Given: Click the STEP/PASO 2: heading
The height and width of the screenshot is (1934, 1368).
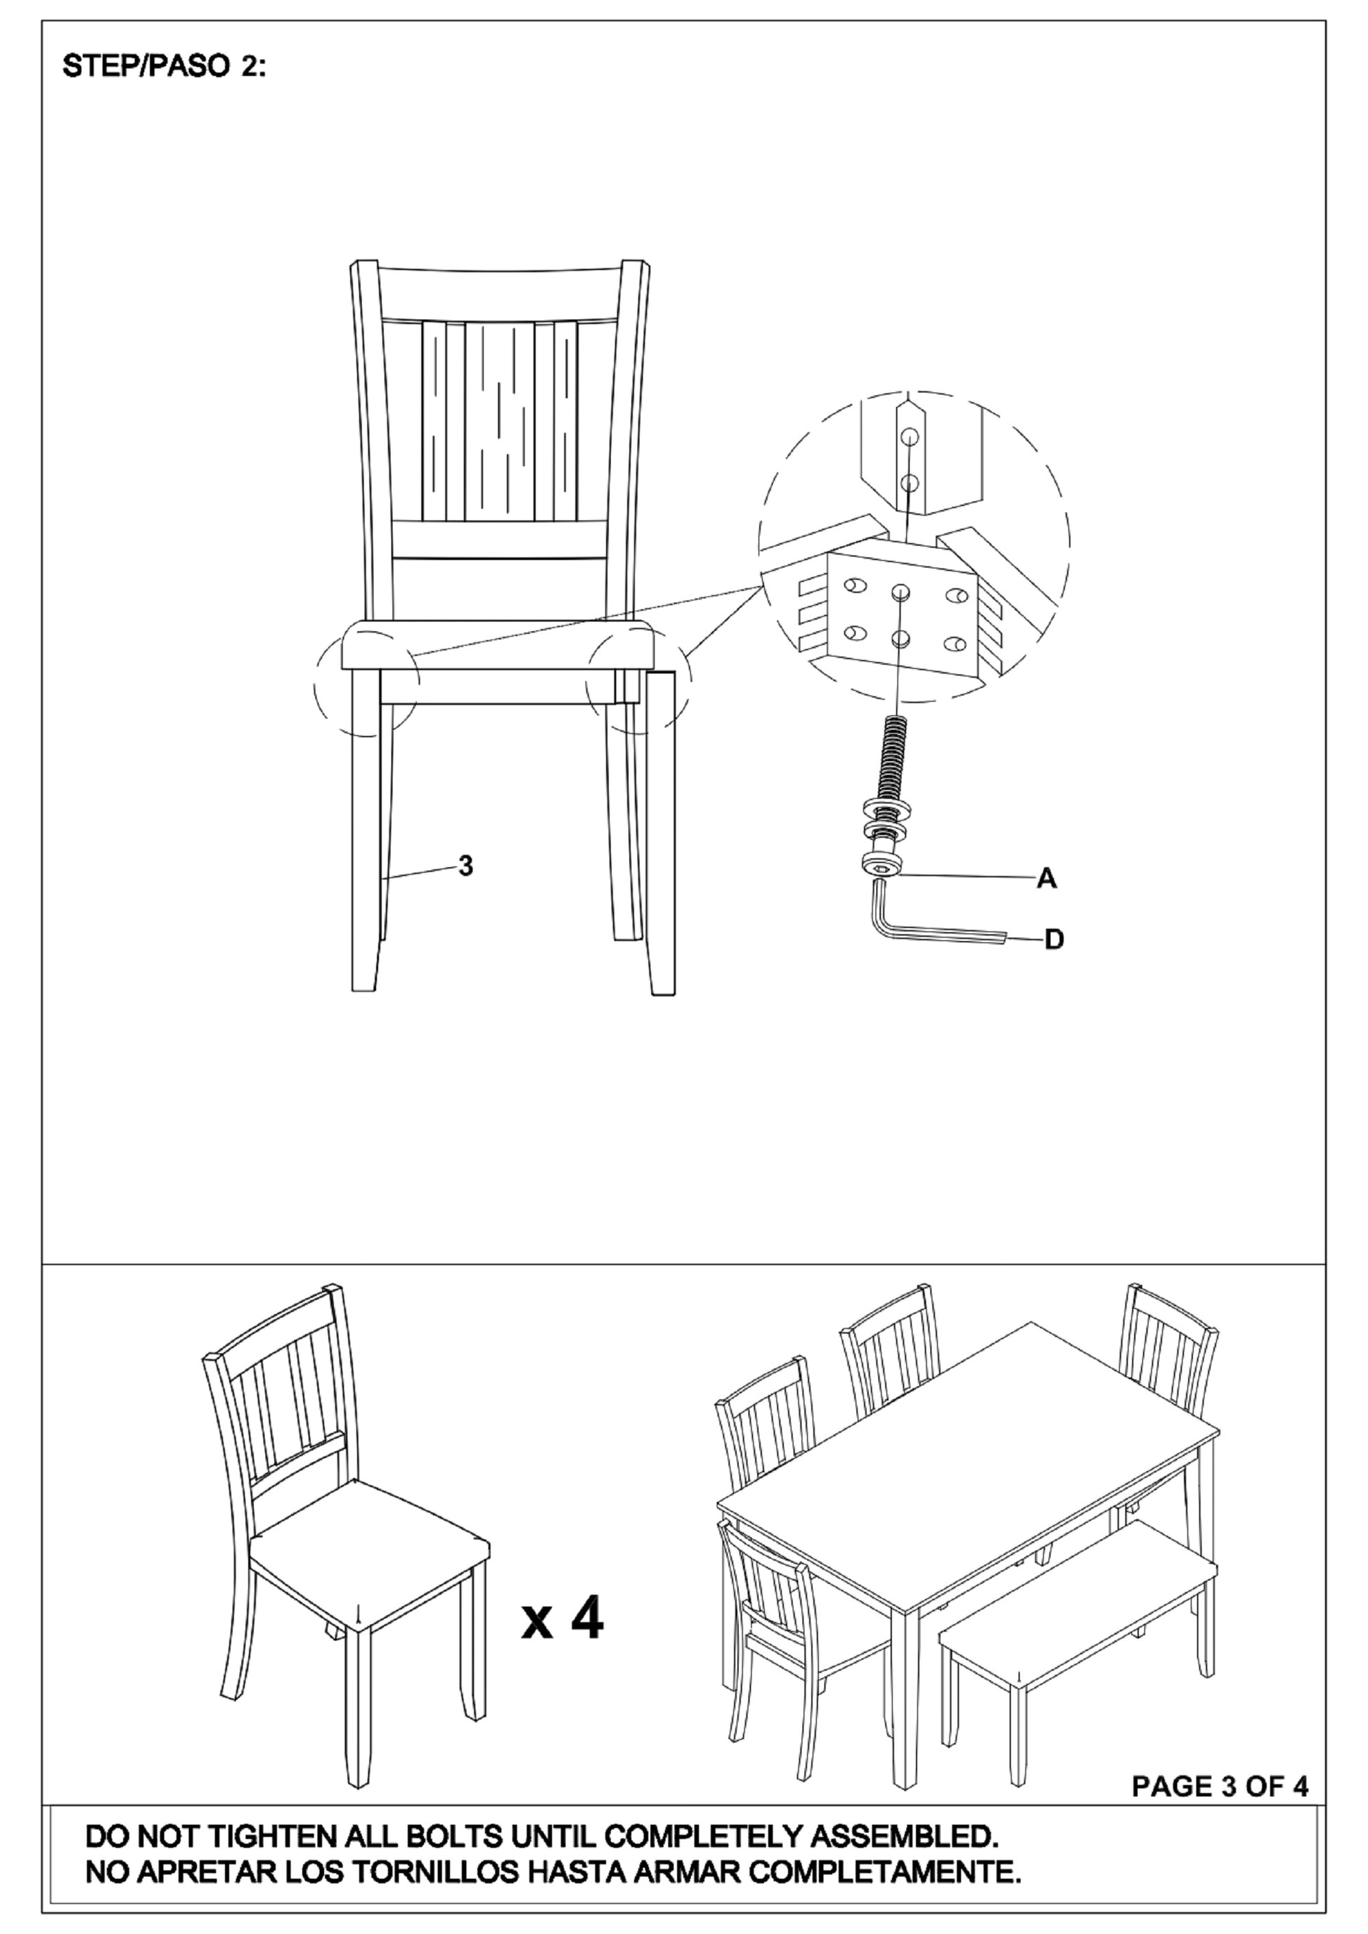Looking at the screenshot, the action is click(164, 68).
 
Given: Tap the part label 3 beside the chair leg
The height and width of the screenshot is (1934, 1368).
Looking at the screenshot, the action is click(465, 865).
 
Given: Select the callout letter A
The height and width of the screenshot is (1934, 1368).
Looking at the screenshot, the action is click(1046, 878).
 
